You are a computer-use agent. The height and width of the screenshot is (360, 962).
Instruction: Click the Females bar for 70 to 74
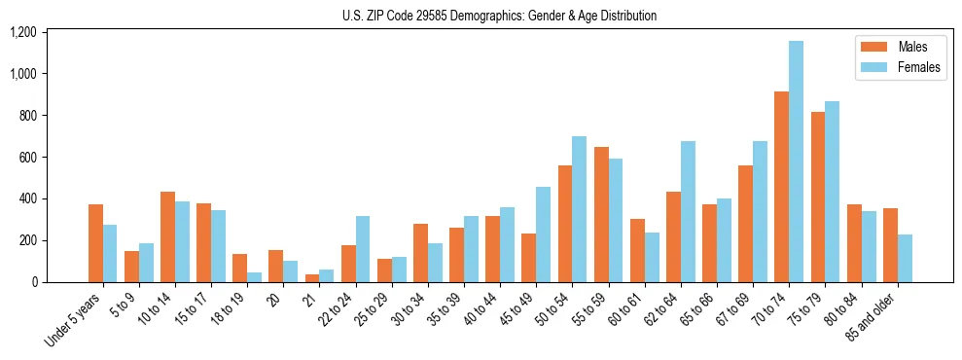point(796,162)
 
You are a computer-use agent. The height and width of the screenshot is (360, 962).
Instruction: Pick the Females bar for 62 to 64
point(688,211)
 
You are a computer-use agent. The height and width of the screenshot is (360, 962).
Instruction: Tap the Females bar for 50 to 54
point(580,209)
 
